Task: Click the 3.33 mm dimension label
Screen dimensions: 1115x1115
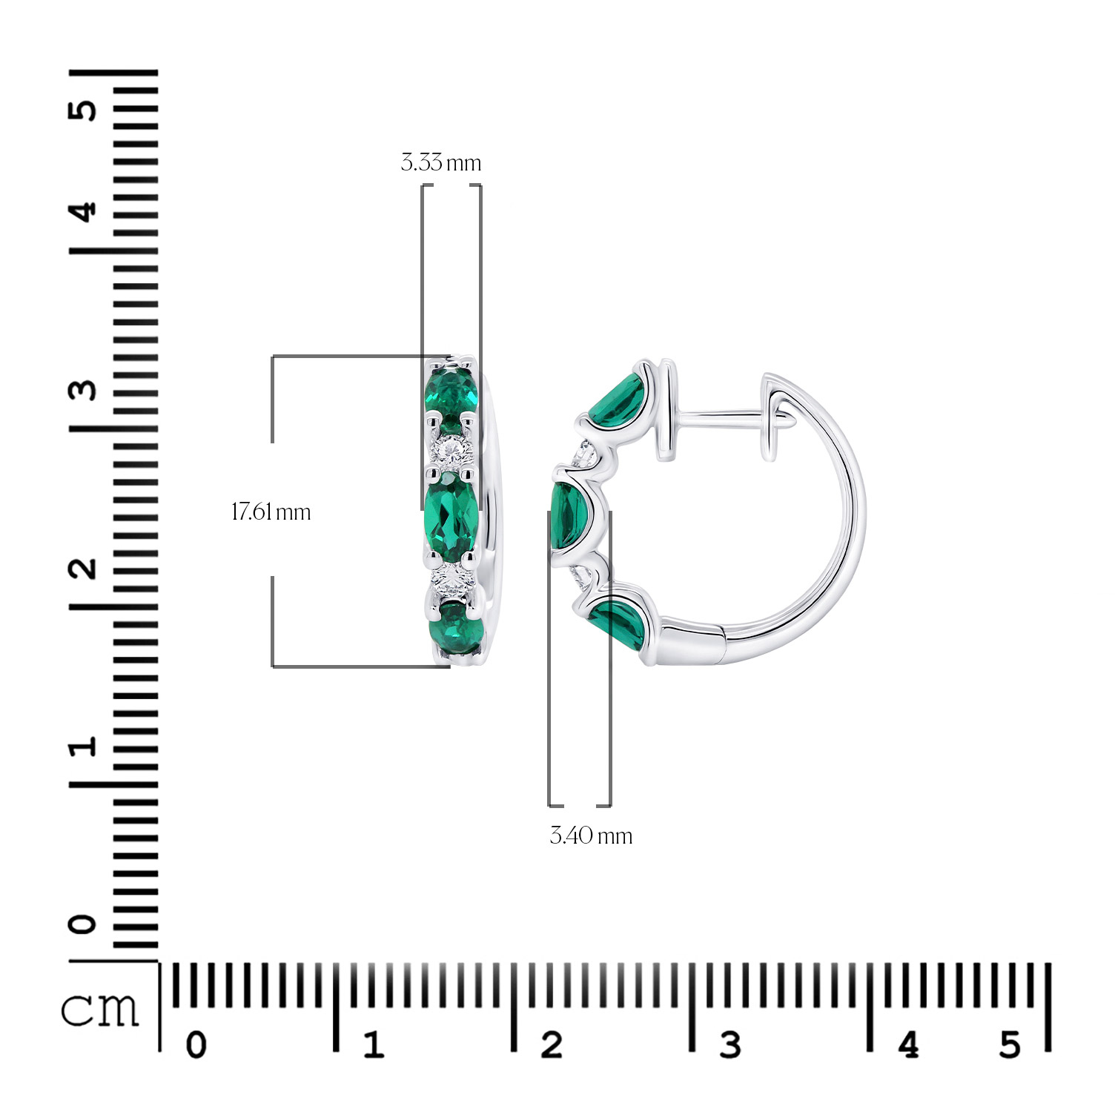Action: click(441, 162)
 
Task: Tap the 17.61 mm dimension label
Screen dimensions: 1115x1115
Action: click(271, 512)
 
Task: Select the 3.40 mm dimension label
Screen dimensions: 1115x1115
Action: click(591, 836)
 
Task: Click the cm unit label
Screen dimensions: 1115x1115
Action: click(100, 1009)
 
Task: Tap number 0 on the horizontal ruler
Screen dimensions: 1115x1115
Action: click(196, 1045)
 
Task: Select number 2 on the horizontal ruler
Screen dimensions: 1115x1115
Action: click(552, 1045)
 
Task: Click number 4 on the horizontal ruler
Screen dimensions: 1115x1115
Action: click(908, 1045)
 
